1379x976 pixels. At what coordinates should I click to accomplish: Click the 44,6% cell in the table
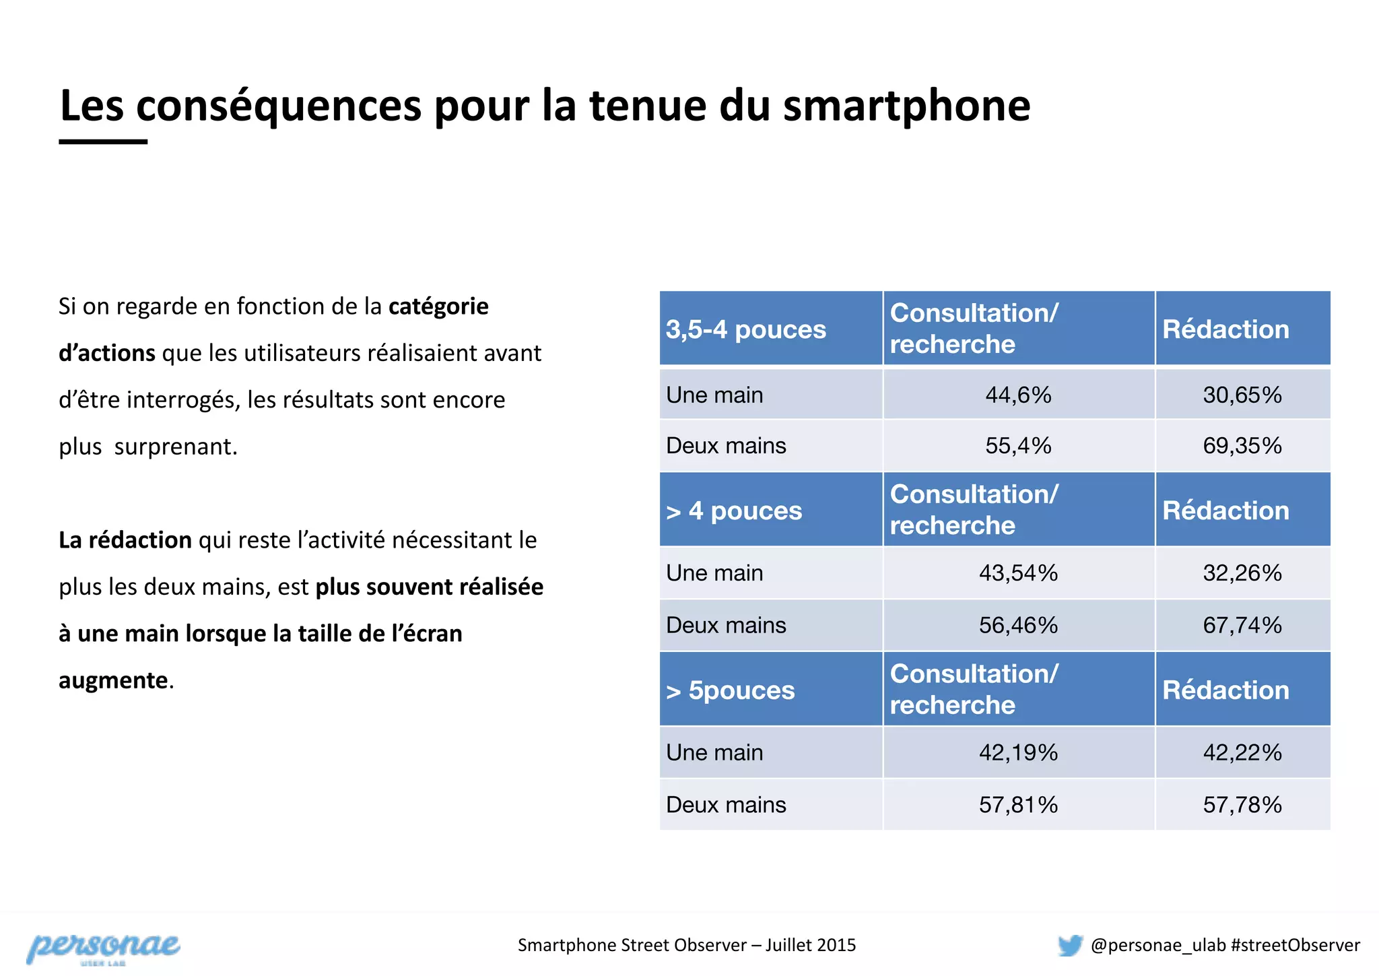[x=1018, y=395]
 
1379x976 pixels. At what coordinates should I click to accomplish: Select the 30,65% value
[x=1242, y=395]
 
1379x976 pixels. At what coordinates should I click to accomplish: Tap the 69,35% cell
[x=1242, y=446]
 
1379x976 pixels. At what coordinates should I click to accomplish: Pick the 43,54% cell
[x=1018, y=573]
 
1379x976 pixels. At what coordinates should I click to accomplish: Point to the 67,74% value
[x=1242, y=625]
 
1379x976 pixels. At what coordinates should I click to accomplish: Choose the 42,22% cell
[x=1242, y=752]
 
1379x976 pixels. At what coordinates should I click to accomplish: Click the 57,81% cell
[x=1018, y=805]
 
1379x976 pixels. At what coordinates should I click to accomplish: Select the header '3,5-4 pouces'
[x=746, y=329]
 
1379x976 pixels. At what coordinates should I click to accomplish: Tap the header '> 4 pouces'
[x=734, y=511]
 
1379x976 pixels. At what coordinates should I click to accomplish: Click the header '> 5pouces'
[x=731, y=690]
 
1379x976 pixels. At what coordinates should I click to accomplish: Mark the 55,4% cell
[x=1018, y=446]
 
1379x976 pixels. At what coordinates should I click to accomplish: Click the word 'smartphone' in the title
[x=906, y=106]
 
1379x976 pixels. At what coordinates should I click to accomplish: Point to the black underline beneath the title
[x=103, y=141]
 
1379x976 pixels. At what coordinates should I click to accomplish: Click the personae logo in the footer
[x=103, y=948]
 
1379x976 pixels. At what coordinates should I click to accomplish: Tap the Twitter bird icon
[x=1070, y=945]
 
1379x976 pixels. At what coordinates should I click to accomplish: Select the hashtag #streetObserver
[x=1295, y=945]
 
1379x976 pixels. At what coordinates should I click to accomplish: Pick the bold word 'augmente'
[x=113, y=680]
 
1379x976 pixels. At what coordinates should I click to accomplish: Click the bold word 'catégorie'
[x=438, y=306]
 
